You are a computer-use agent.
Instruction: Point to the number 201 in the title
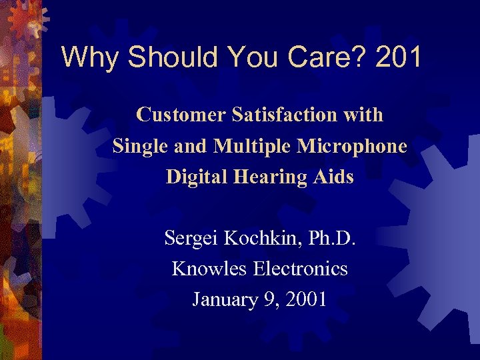tap(398, 57)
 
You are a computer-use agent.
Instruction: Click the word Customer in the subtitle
tap(181, 115)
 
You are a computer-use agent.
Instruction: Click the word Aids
tap(335, 177)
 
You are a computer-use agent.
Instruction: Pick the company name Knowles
tap(207, 269)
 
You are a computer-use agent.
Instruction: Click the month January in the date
tap(224, 299)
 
